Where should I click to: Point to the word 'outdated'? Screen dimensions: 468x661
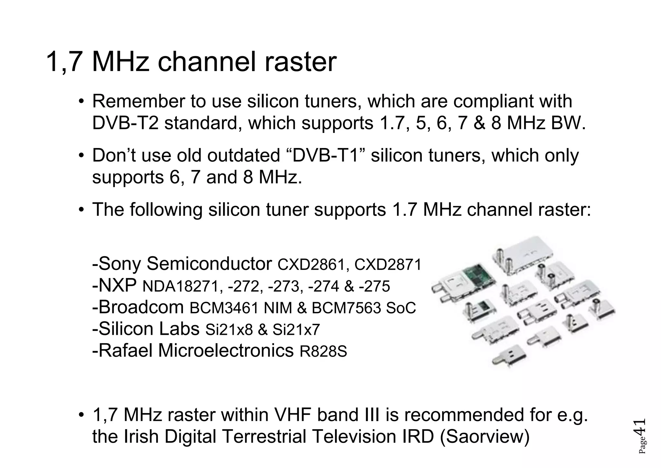(243, 155)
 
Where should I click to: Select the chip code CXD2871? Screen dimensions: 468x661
(388, 265)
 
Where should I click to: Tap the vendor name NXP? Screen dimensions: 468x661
(117, 286)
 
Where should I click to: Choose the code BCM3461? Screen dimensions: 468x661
(224, 308)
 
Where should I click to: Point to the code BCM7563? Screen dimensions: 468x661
(346, 308)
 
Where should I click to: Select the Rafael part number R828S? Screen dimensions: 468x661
(323, 351)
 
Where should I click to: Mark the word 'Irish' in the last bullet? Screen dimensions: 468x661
(142, 437)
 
